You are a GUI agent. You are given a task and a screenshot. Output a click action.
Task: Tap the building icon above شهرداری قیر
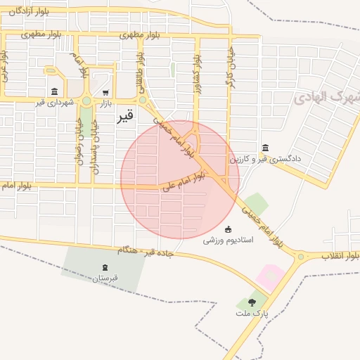pos(55,91)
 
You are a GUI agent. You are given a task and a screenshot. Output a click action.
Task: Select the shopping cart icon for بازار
pos(105,92)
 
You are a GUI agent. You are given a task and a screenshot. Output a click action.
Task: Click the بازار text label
pos(104,103)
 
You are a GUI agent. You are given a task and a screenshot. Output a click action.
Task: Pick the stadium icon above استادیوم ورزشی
pos(228,229)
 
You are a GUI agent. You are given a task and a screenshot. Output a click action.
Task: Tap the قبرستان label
pos(105,278)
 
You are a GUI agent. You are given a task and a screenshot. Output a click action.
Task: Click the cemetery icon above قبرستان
pos(105,267)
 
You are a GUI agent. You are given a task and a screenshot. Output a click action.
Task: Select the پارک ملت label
pos(253,314)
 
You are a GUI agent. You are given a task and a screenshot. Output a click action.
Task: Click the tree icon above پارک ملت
pos(252,302)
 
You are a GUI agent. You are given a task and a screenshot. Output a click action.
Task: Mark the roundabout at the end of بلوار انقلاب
pos(300,257)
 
